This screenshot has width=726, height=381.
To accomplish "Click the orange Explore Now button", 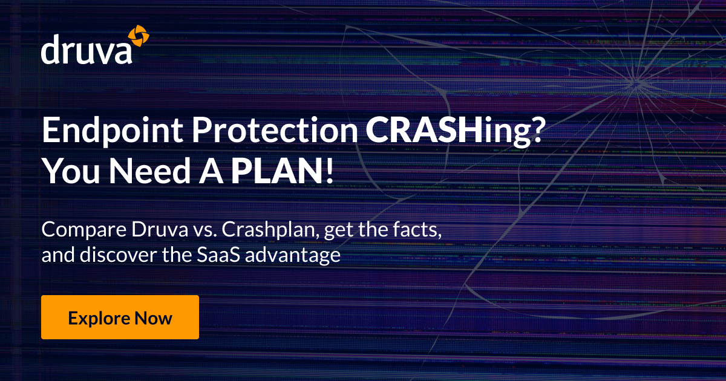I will coord(120,317).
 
